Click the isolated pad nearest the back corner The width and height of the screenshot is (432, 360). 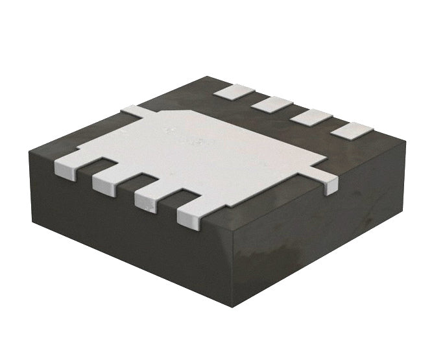click(232, 91)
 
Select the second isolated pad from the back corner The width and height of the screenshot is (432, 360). click(272, 103)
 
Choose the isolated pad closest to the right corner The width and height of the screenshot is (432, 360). click(352, 130)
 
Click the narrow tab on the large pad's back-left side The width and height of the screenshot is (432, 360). click(133, 112)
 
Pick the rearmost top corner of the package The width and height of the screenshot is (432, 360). click(209, 77)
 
